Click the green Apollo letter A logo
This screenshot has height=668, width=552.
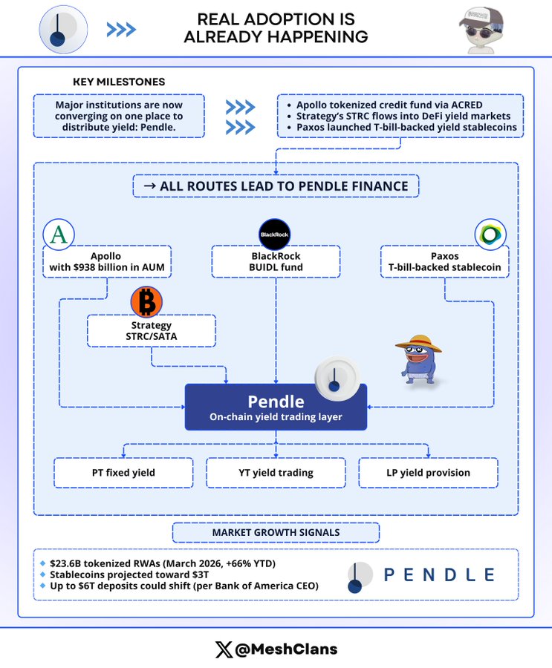59,235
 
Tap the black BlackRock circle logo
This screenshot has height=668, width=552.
274,235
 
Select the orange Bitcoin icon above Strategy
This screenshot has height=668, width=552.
146,301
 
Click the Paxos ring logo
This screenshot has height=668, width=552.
490,235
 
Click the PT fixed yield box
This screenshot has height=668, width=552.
123,473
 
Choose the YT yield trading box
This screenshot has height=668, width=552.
276,473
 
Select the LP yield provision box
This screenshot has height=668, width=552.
428,473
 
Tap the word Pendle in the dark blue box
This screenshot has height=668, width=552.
276,402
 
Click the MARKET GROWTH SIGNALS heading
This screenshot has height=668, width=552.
276,532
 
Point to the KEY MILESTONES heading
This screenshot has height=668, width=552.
119,82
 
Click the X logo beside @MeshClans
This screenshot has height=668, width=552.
224,649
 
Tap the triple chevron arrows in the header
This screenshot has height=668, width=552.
121,30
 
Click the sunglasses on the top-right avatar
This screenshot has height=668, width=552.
481,32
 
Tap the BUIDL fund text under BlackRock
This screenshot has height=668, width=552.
276,267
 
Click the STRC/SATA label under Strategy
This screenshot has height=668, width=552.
152,336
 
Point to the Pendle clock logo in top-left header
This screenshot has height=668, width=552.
63,30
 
